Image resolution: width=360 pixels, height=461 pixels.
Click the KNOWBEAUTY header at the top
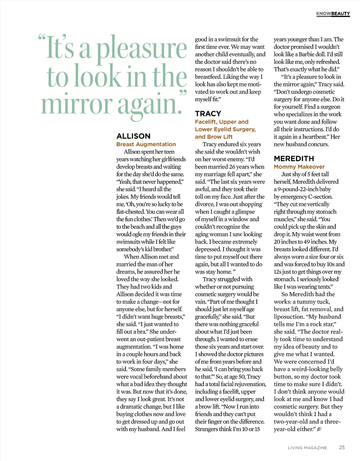pos(333,14)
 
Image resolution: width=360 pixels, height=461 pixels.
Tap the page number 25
pos(342,447)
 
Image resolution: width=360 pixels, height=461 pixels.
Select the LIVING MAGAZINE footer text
pos(307,448)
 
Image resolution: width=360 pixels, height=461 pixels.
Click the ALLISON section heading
pos(133,136)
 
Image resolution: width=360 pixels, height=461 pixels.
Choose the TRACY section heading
pos(208,113)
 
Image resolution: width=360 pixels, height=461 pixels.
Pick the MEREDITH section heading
pos(294,158)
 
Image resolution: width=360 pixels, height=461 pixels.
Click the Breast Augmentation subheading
pos(146,144)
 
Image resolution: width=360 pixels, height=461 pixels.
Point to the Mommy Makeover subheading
pos(299,167)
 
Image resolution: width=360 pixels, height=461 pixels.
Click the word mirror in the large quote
pos(76,104)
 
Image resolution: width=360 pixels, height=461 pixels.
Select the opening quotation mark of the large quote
pos(42,38)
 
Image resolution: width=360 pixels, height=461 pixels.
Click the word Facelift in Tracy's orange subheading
pos(205,122)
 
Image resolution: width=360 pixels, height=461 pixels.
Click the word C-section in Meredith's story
pos(320,196)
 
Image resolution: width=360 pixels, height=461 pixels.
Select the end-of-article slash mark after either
pos(319,429)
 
